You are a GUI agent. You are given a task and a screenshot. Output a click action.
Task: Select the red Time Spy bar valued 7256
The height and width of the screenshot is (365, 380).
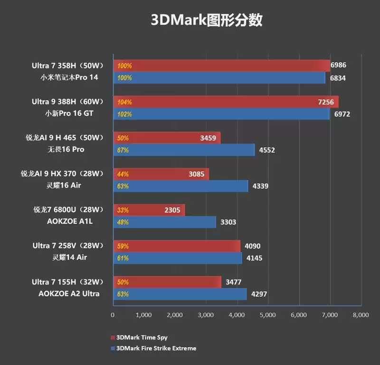point(226,102)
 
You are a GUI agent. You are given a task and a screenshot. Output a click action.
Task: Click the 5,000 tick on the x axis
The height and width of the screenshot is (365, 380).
point(267,315)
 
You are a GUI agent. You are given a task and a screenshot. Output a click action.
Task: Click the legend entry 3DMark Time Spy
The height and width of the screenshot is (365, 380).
point(139,337)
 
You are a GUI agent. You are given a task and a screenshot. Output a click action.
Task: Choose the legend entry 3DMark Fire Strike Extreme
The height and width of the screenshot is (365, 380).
point(153,348)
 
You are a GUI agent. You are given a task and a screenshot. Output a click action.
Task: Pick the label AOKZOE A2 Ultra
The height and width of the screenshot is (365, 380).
point(69,293)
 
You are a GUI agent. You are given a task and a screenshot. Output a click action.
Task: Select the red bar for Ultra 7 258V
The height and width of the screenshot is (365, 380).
point(177,246)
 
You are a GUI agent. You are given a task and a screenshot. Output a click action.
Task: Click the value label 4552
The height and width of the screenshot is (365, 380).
point(267,150)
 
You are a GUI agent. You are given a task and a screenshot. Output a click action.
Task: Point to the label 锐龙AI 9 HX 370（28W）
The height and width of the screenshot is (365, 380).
point(62,174)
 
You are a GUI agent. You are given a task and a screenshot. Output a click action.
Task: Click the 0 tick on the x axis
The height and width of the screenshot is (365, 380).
point(113,315)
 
